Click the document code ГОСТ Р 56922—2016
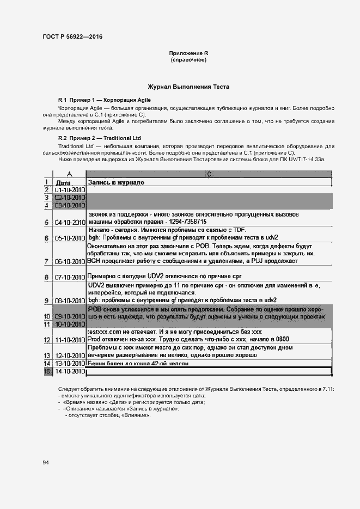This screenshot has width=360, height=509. (72, 36)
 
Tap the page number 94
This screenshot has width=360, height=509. (46, 463)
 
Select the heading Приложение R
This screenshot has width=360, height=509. (188, 53)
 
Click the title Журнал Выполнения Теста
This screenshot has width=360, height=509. (188, 87)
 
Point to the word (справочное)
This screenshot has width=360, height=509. (188, 59)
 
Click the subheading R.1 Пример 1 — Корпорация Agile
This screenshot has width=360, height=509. (105, 100)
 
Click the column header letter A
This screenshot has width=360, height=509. (69, 174)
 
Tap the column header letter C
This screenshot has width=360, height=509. (209, 174)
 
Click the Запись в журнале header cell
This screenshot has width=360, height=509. (116, 182)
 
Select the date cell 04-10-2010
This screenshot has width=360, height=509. (70, 223)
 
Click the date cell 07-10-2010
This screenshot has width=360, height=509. (70, 277)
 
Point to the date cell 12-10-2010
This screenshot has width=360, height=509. (70, 355)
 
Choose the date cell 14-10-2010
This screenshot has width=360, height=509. (70, 371)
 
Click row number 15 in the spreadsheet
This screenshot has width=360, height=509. (48, 371)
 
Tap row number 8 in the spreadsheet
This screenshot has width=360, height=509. (48, 277)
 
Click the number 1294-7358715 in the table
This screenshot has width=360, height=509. (181, 222)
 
